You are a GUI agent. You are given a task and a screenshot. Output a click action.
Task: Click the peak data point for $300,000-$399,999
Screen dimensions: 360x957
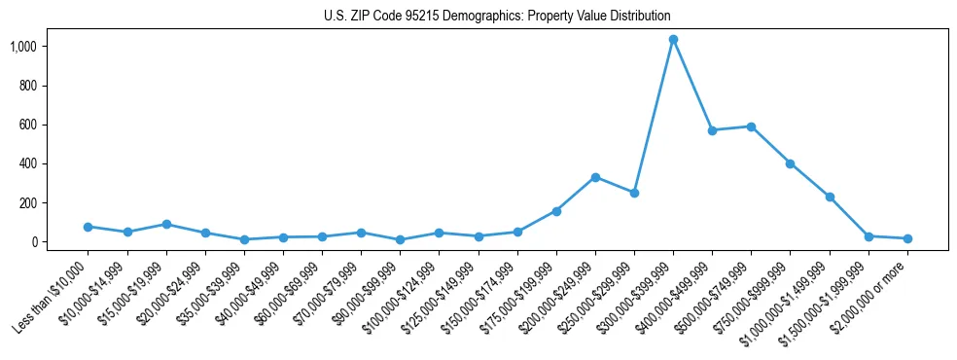tap(673, 40)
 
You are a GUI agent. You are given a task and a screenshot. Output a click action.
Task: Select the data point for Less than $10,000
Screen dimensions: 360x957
tap(89, 227)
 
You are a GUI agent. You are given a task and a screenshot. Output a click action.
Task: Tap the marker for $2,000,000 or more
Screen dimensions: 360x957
tap(907, 238)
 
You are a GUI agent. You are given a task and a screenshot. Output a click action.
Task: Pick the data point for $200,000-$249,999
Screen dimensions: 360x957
tap(595, 177)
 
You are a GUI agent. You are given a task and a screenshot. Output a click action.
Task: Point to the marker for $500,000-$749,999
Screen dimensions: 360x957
tap(751, 126)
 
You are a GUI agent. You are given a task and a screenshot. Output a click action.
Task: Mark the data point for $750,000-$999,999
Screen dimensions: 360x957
tap(791, 163)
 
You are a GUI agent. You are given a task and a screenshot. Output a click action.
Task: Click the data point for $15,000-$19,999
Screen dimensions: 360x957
tap(166, 224)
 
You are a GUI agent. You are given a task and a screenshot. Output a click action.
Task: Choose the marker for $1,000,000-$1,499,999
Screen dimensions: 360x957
tap(830, 197)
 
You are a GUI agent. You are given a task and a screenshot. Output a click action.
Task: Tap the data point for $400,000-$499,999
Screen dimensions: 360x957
tap(712, 130)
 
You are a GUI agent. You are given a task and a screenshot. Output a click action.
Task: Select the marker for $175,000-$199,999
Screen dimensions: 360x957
tap(556, 211)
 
